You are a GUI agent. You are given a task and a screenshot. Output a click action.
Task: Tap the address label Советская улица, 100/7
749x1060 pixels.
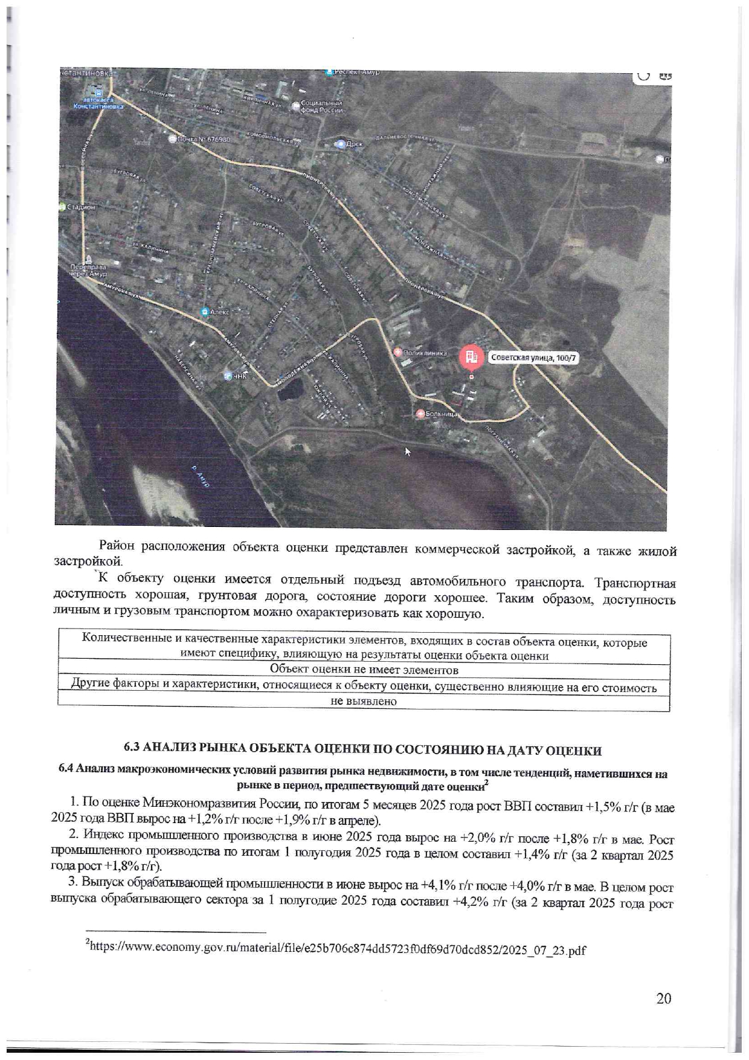[533, 358]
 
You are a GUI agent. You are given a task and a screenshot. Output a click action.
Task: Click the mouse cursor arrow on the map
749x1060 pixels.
[408, 451]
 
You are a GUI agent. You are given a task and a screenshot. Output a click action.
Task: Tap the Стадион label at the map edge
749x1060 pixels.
[80, 207]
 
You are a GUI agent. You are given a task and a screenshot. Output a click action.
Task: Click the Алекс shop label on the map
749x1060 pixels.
[219, 312]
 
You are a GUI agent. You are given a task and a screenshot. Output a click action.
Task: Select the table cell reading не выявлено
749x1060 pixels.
[364, 702]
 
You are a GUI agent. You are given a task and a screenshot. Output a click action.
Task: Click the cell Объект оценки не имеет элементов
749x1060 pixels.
[364, 670]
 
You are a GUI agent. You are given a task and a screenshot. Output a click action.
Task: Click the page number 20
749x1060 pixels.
[663, 998]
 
